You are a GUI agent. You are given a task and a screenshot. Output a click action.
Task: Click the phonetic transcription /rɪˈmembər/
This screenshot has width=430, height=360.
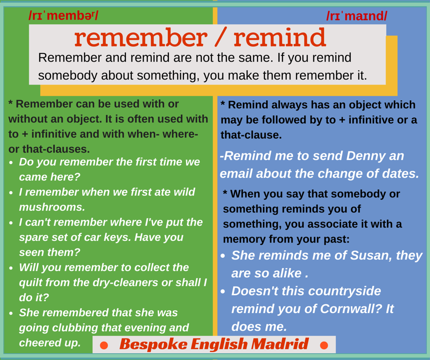click(x=63, y=16)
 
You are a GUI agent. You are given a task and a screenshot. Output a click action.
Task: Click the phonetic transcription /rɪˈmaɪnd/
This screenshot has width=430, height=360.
click(x=357, y=16)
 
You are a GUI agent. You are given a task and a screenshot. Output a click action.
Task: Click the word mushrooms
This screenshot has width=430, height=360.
click(x=52, y=207)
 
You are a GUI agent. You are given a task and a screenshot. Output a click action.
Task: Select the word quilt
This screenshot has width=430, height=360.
click(x=30, y=282)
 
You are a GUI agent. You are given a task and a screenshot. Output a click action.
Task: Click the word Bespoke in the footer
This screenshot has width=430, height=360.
click(x=153, y=344)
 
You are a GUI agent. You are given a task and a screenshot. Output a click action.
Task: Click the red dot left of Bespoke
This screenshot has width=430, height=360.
click(x=104, y=345)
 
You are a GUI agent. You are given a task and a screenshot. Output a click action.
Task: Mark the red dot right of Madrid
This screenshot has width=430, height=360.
click(x=324, y=345)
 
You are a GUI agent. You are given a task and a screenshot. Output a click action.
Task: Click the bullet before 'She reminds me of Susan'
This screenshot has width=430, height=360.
click(x=223, y=256)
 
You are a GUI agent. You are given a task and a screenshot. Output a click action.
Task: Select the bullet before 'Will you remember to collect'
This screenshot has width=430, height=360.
click(x=11, y=268)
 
